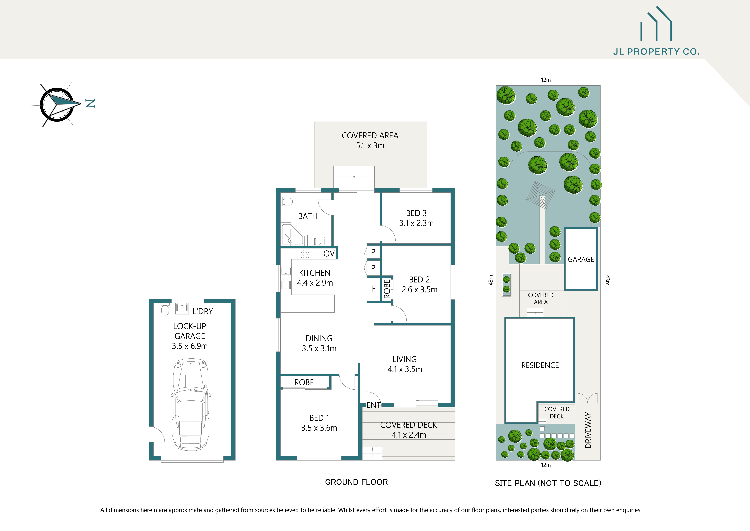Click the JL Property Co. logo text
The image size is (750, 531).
(656, 52)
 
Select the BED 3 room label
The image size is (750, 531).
(416, 213)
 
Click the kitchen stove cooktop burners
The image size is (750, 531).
(305, 254)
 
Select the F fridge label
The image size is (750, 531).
(374, 289)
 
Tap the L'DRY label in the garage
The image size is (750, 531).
(202, 311)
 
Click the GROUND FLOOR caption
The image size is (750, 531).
(356, 482)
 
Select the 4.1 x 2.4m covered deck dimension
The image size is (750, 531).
(409, 435)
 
